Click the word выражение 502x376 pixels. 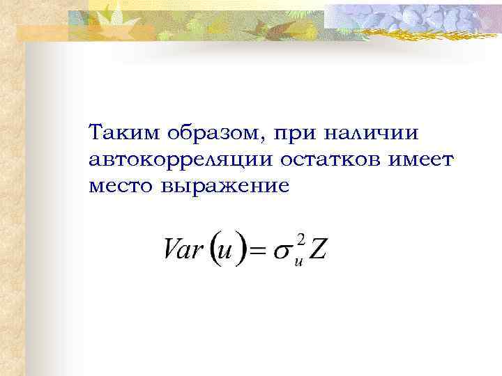coord(225,187)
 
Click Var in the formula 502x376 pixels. coord(183,250)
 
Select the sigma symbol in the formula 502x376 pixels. coord(283,252)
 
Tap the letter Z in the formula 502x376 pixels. coord(317,250)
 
